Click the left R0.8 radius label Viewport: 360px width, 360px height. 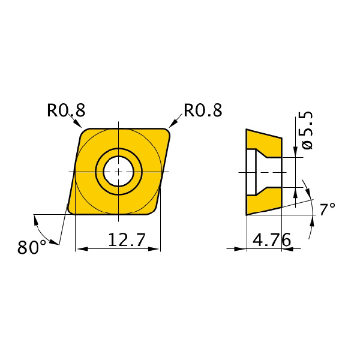click(66, 110)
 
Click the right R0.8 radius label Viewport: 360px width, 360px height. click(203, 110)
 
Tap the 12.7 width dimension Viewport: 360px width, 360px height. click(127, 239)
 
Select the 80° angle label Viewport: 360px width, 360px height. click(32, 247)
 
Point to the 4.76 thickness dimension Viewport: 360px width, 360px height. click(272, 239)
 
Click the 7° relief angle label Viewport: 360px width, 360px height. click(328, 209)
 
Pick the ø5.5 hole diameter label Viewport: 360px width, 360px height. click(307, 130)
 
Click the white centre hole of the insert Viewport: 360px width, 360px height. click(118, 172)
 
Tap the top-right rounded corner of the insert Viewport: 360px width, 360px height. click(166, 133)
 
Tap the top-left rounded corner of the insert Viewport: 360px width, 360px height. click(85, 133)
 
